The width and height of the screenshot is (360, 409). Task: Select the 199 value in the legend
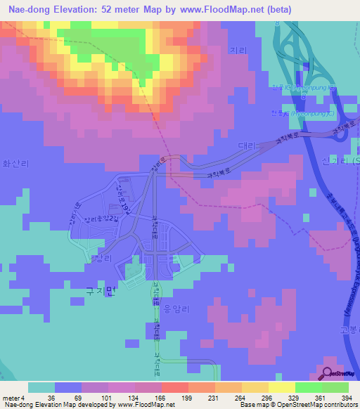[x=187, y=398]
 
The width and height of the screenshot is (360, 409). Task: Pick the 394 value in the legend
[x=347, y=398]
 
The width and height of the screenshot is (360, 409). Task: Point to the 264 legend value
[x=240, y=398]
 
